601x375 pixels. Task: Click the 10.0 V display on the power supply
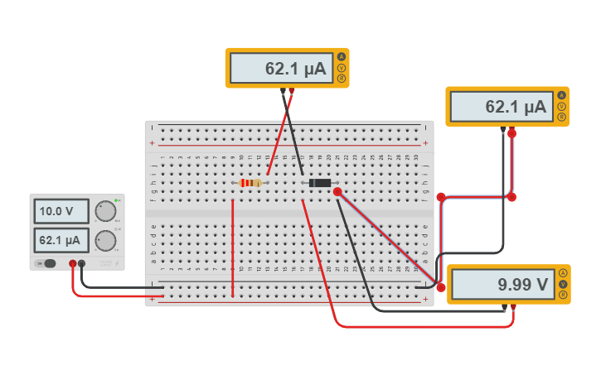point(61,212)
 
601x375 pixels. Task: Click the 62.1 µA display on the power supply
point(61,241)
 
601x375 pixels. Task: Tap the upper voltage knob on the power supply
point(104,211)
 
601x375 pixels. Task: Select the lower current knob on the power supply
point(104,241)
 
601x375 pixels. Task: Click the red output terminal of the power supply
point(73,264)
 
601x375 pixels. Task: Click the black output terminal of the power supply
point(82,264)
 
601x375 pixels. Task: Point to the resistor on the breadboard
point(250,183)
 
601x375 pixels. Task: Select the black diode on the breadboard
point(320,183)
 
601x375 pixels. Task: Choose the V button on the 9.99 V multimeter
point(563,284)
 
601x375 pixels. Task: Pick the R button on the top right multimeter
point(561,117)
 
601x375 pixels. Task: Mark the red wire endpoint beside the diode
point(337,192)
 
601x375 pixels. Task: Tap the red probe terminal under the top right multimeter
point(511,132)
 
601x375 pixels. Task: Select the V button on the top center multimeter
point(341,68)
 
